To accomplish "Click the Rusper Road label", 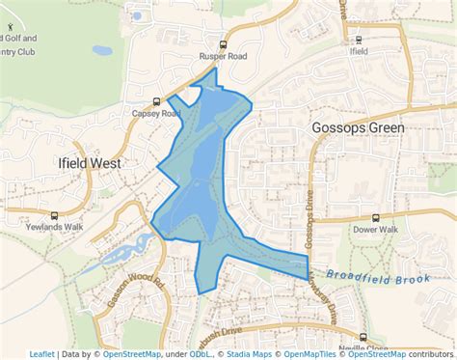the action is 224,56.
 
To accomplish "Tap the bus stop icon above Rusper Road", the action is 224,44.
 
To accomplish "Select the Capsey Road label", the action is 157,113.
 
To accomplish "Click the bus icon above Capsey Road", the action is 156,100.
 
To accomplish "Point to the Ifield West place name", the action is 89,163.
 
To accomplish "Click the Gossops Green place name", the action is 358,126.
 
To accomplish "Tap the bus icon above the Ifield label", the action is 359,41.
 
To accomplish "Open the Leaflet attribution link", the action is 41,354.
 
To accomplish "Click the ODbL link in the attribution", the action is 201,354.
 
